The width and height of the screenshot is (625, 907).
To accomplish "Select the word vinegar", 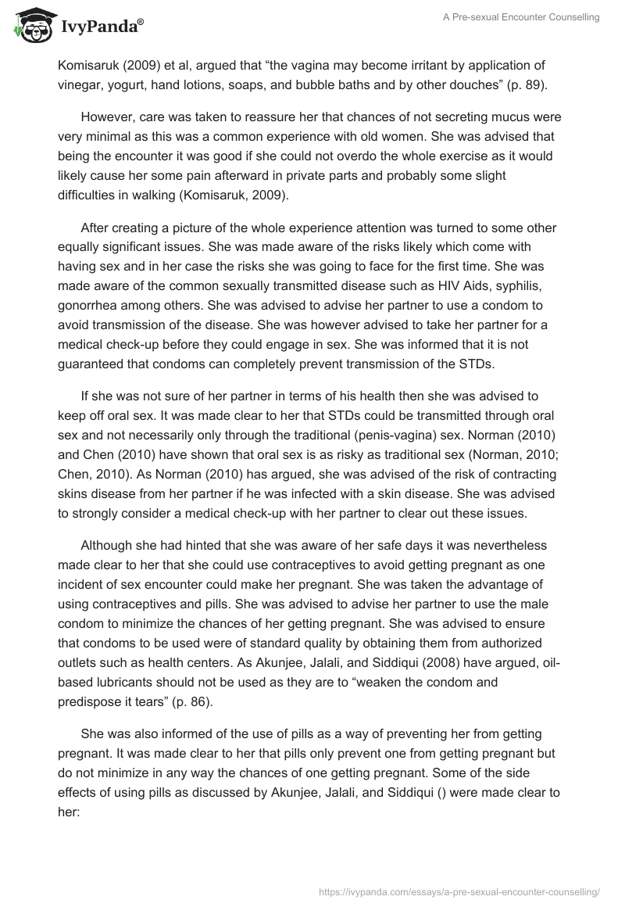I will point(82,84).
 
